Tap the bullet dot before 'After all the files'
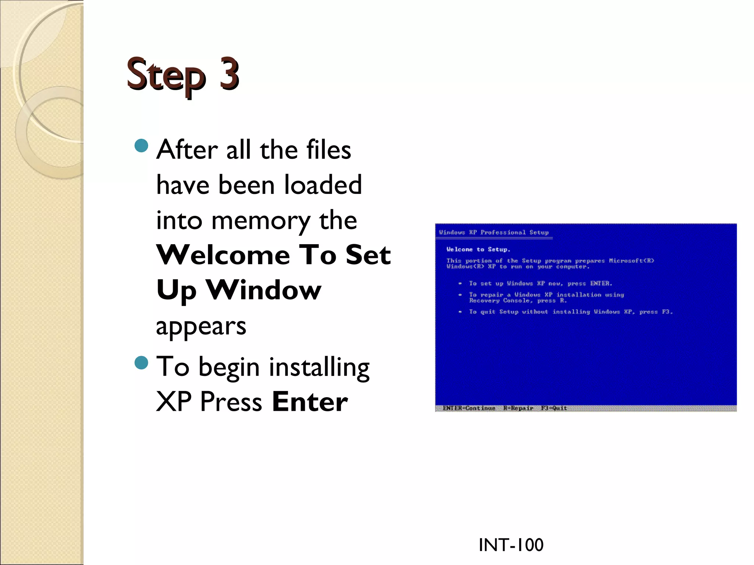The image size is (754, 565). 141,146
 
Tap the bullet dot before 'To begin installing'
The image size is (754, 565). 141,363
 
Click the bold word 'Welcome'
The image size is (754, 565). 223,255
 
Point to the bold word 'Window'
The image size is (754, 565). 264,290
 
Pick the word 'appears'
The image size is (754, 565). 201,326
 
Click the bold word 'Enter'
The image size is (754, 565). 310,402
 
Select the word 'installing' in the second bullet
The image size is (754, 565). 319,367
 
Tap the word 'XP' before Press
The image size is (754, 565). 174,402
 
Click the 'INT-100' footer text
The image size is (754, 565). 511,545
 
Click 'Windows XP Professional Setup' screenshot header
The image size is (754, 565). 494,232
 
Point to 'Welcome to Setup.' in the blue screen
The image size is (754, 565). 478,249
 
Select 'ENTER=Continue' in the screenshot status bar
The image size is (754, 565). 469,408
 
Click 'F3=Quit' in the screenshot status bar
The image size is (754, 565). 554,408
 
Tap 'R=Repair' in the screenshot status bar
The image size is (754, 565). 518,408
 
